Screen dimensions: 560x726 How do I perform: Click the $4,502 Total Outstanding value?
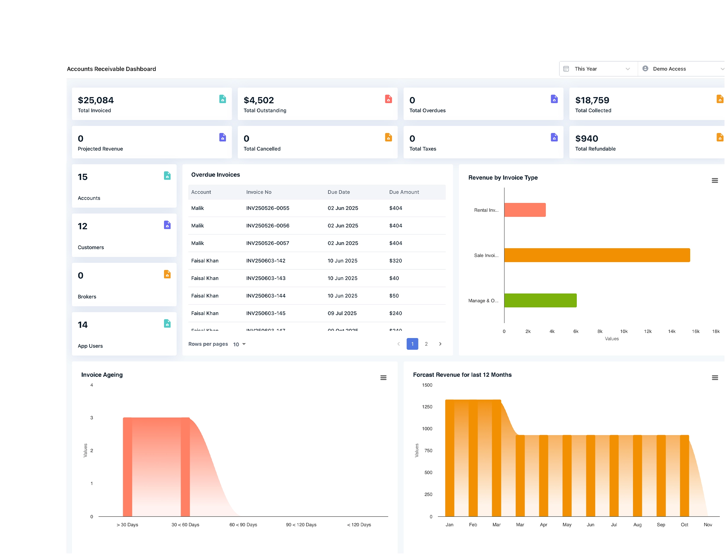pyautogui.click(x=258, y=100)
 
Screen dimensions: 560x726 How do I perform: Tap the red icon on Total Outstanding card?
pyautogui.click(x=388, y=99)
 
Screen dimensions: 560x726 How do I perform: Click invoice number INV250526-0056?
pyautogui.click(x=268, y=226)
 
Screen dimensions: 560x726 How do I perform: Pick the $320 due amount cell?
pyautogui.click(x=396, y=260)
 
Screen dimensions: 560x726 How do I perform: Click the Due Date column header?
pyautogui.click(x=338, y=192)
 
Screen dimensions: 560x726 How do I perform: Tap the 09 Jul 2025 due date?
pyautogui.click(x=342, y=313)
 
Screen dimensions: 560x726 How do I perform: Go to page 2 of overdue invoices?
pyautogui.click(x=426, y=344)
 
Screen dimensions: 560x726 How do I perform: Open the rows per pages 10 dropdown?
pyautogui.click(x=239, y=344)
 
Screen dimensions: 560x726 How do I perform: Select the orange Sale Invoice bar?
pyautogui.click(x=597, y=255)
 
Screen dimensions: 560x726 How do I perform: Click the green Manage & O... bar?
pyautogui.click(x=540, y=300)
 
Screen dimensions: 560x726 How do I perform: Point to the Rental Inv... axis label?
pyautogui.click(x=486, y=210)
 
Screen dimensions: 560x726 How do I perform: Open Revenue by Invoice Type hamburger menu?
pyautogui.click(x=715, y=181)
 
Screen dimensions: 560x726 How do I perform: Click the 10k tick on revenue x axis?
pyautogui.click(x=624, y=331)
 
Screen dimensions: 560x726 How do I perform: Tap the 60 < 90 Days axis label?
pyautogui.click(x=243, y=524)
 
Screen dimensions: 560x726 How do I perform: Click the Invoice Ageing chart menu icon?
pyautogui.click(x=383, y=378)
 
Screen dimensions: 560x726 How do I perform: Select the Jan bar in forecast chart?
pyautogui.click(x=449, y=459)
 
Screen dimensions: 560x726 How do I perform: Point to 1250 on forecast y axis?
pyautogui.click(x=427, y=407)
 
